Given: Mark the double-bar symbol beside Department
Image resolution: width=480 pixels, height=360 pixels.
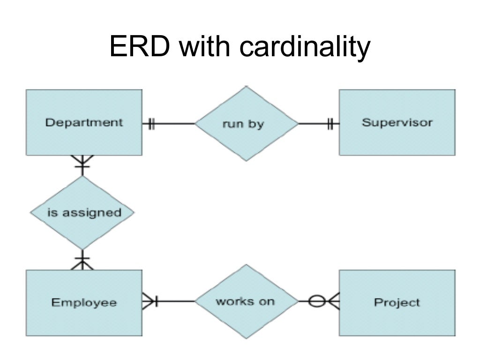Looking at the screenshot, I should coord(151,124).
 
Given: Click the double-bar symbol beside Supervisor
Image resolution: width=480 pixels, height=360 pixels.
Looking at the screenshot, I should coord(330,124).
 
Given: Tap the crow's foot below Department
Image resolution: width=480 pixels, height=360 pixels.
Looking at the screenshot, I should coord(82,162).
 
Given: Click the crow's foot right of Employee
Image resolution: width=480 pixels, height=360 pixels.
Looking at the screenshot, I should coord(150,301).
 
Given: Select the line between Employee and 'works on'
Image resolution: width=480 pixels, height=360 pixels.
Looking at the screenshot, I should coord(176,301).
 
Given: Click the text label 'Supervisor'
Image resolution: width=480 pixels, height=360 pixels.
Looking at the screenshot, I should coord(397,123).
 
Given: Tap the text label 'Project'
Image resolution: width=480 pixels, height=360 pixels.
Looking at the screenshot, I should coord(397,303).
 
